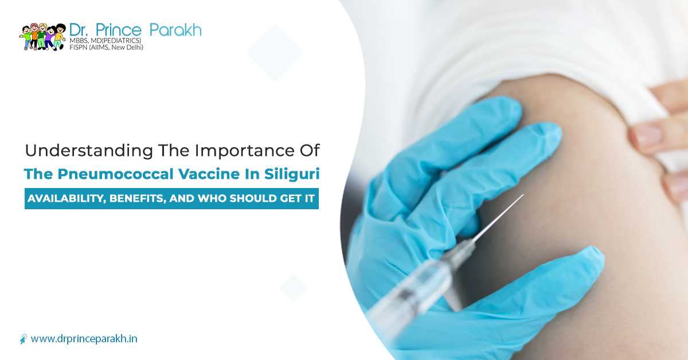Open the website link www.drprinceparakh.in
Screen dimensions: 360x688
tap(84, 339)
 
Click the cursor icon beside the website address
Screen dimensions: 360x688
tap(24, 339)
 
